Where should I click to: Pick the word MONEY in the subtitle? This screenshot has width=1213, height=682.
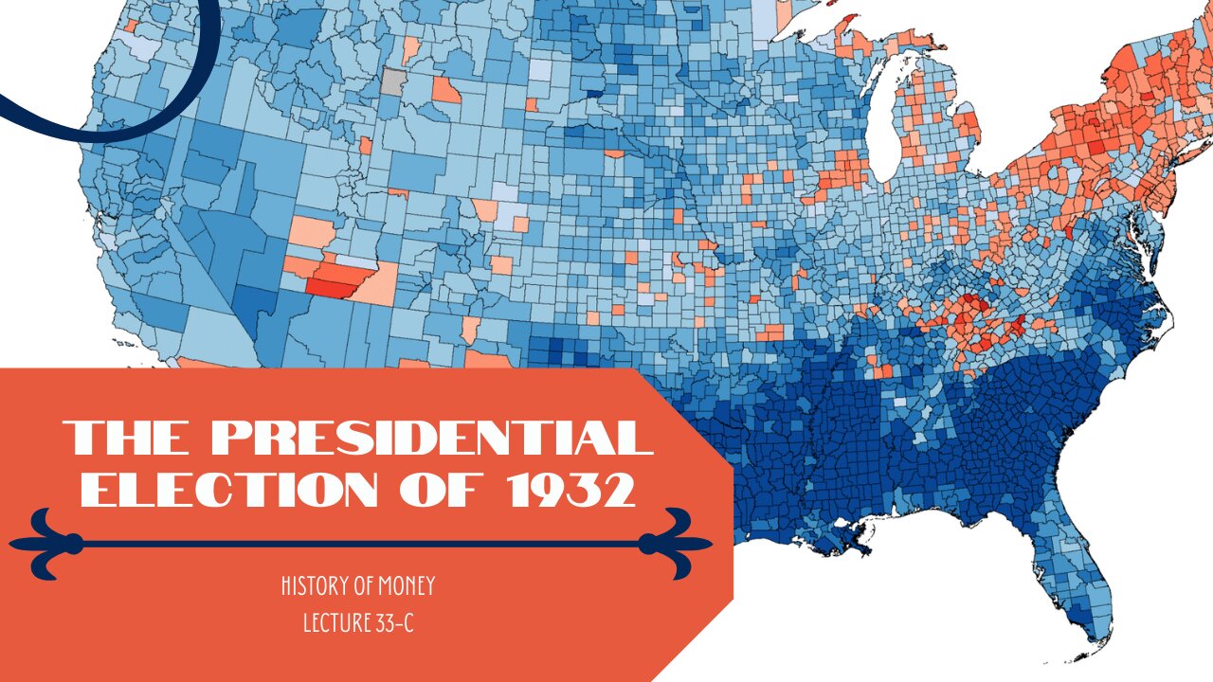406,586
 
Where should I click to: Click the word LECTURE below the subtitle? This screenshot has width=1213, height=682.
332,624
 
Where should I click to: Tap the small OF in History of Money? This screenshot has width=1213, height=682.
362,586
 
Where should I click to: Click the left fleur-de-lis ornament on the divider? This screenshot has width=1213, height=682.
47,544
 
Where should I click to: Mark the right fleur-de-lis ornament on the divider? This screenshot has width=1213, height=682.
674,544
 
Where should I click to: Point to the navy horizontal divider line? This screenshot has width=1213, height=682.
360,544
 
